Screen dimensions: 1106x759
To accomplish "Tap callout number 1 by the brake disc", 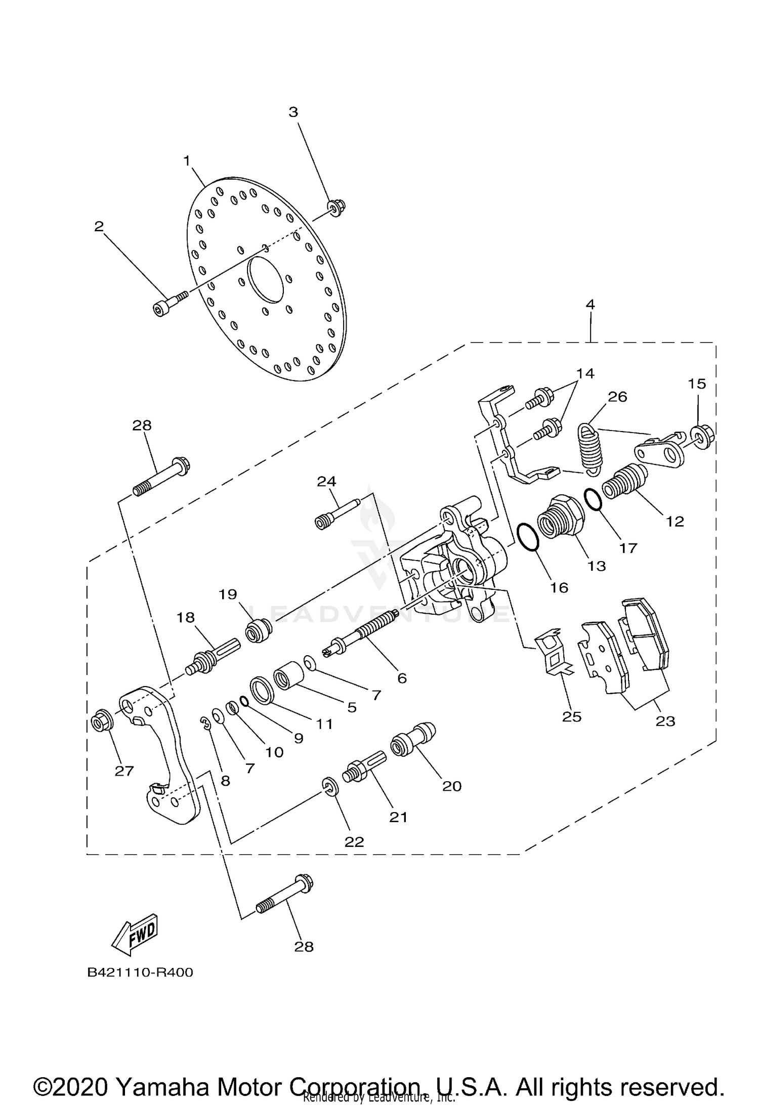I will pos(187,161).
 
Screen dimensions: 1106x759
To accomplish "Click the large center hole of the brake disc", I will pos(265,279).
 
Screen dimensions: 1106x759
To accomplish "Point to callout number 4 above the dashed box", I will pos(590,305).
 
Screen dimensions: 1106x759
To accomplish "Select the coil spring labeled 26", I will pos(589,449).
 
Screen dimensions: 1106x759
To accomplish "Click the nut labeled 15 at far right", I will pos(701,435).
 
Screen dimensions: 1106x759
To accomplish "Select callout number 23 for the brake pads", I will pos(665,721).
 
